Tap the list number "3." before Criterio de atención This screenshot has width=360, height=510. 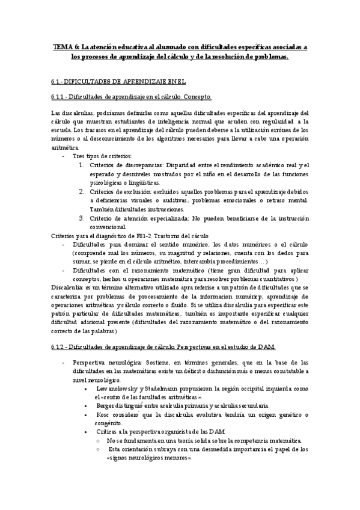pos(81,218)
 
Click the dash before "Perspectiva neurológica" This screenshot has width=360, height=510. pos(65,363)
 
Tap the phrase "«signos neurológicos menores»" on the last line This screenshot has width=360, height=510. pos(148,458)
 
